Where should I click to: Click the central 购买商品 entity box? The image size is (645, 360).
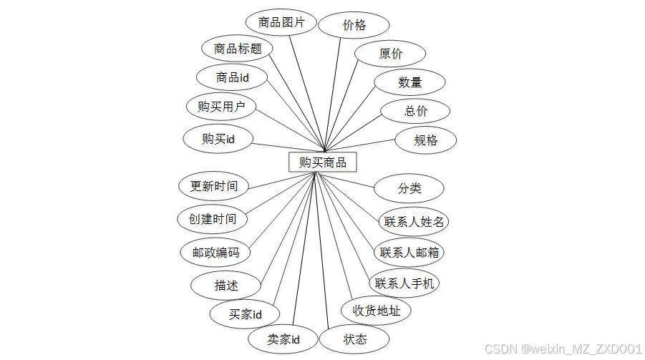coord(322,162)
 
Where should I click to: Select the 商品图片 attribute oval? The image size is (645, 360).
coord(281,23)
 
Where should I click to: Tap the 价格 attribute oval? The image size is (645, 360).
coord(354,26)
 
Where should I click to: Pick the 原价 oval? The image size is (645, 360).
coord(391,54)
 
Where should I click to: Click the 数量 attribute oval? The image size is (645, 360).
coord(410,82)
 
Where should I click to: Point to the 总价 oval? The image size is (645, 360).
coord(415,111)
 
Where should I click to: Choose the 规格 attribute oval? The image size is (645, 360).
coord(425,140)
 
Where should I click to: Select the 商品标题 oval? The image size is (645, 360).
coord(237,49)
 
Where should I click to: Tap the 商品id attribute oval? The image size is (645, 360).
coord(232,77)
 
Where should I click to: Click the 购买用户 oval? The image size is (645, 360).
coord(221,107)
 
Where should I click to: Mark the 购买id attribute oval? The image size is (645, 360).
coord(218,139)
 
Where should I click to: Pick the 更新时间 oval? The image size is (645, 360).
coord(213,186)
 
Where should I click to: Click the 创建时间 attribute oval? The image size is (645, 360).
coord(213,218)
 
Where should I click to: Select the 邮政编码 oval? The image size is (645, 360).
coord(215,252)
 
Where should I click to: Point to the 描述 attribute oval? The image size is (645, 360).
coord(225,285)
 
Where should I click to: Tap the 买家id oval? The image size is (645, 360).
coord(245,313)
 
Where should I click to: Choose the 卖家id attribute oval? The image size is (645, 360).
coord(283,339)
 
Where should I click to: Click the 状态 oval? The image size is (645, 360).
coord(354,339)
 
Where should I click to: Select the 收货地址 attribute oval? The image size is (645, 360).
coord(376,311)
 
